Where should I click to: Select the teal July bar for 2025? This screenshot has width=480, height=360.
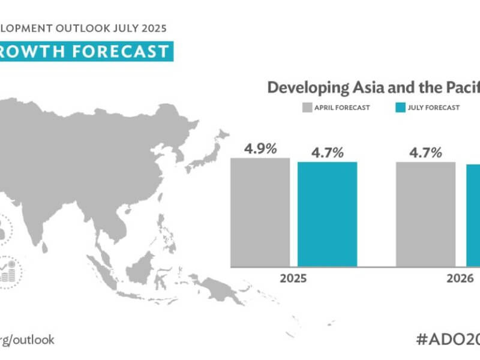click(x=327, y=214)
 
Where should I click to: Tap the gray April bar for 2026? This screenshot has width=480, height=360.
click(x=425, y=214)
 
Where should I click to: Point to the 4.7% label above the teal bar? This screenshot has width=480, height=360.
click(x=327, y=152)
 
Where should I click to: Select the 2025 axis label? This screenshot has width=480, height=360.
click(x=294, y=279)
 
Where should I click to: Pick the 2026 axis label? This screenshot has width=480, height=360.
click(x=458, y=279)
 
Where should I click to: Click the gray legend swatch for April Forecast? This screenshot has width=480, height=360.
click(x=306, y=108)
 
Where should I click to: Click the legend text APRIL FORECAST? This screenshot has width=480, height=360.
click(x=342, y=108)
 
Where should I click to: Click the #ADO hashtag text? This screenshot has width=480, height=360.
click(x=447, y=338)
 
